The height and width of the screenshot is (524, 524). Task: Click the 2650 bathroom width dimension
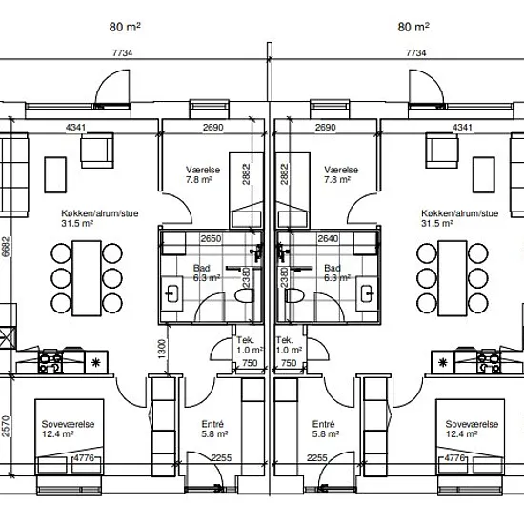click(211, 238)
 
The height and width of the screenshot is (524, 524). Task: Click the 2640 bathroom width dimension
click(328, 238)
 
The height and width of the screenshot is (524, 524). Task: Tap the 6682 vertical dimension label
click(6, 247)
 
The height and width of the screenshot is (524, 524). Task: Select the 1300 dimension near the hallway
click(162, 350)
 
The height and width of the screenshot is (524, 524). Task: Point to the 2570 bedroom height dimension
click(6, 427)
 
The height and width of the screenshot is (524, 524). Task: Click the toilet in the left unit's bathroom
click(244, 295)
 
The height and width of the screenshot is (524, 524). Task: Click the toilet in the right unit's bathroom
click(294, 295)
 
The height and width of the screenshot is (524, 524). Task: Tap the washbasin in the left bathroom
click(172, 293)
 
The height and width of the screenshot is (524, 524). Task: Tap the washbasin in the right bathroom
click(367, 293)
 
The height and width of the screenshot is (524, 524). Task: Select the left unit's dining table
click(87, 278)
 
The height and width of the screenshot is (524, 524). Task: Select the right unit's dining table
click(453, 278)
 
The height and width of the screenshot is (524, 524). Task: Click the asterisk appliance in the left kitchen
click(96, 362)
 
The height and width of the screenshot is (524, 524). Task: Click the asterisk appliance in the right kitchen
click(443, 362)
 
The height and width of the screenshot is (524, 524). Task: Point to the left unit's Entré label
click(212, 424)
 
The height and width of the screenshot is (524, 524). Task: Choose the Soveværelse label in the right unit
click(472, 424)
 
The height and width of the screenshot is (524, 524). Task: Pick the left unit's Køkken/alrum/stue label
click(100, 213)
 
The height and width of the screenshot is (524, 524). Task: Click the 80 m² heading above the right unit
click(413, 27)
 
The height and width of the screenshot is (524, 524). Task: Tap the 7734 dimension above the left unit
click(122, 52)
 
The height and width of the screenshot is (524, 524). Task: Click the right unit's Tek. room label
click(285, 340)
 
